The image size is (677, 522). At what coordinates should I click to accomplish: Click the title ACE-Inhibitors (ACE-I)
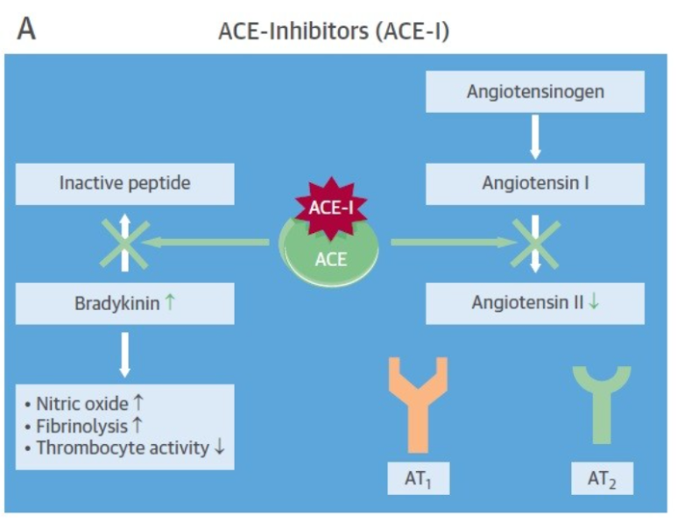click(x=334, y=32)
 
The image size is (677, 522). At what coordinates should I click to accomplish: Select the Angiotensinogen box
click(x=534, y=91)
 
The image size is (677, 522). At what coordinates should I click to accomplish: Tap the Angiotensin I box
click(x=534, y=183)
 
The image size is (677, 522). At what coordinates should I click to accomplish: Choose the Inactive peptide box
click(x=124, y=183)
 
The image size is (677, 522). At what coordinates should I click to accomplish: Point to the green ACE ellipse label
click(x=330, y=259)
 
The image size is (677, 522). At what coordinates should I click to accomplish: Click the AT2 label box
click(x=601, y=479)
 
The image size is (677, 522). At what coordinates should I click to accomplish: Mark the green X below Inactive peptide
click(x=124, y=243)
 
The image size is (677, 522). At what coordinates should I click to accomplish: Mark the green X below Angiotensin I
click(x=534, y=243)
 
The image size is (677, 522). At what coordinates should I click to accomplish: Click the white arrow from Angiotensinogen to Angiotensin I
click(x=534, y=138)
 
